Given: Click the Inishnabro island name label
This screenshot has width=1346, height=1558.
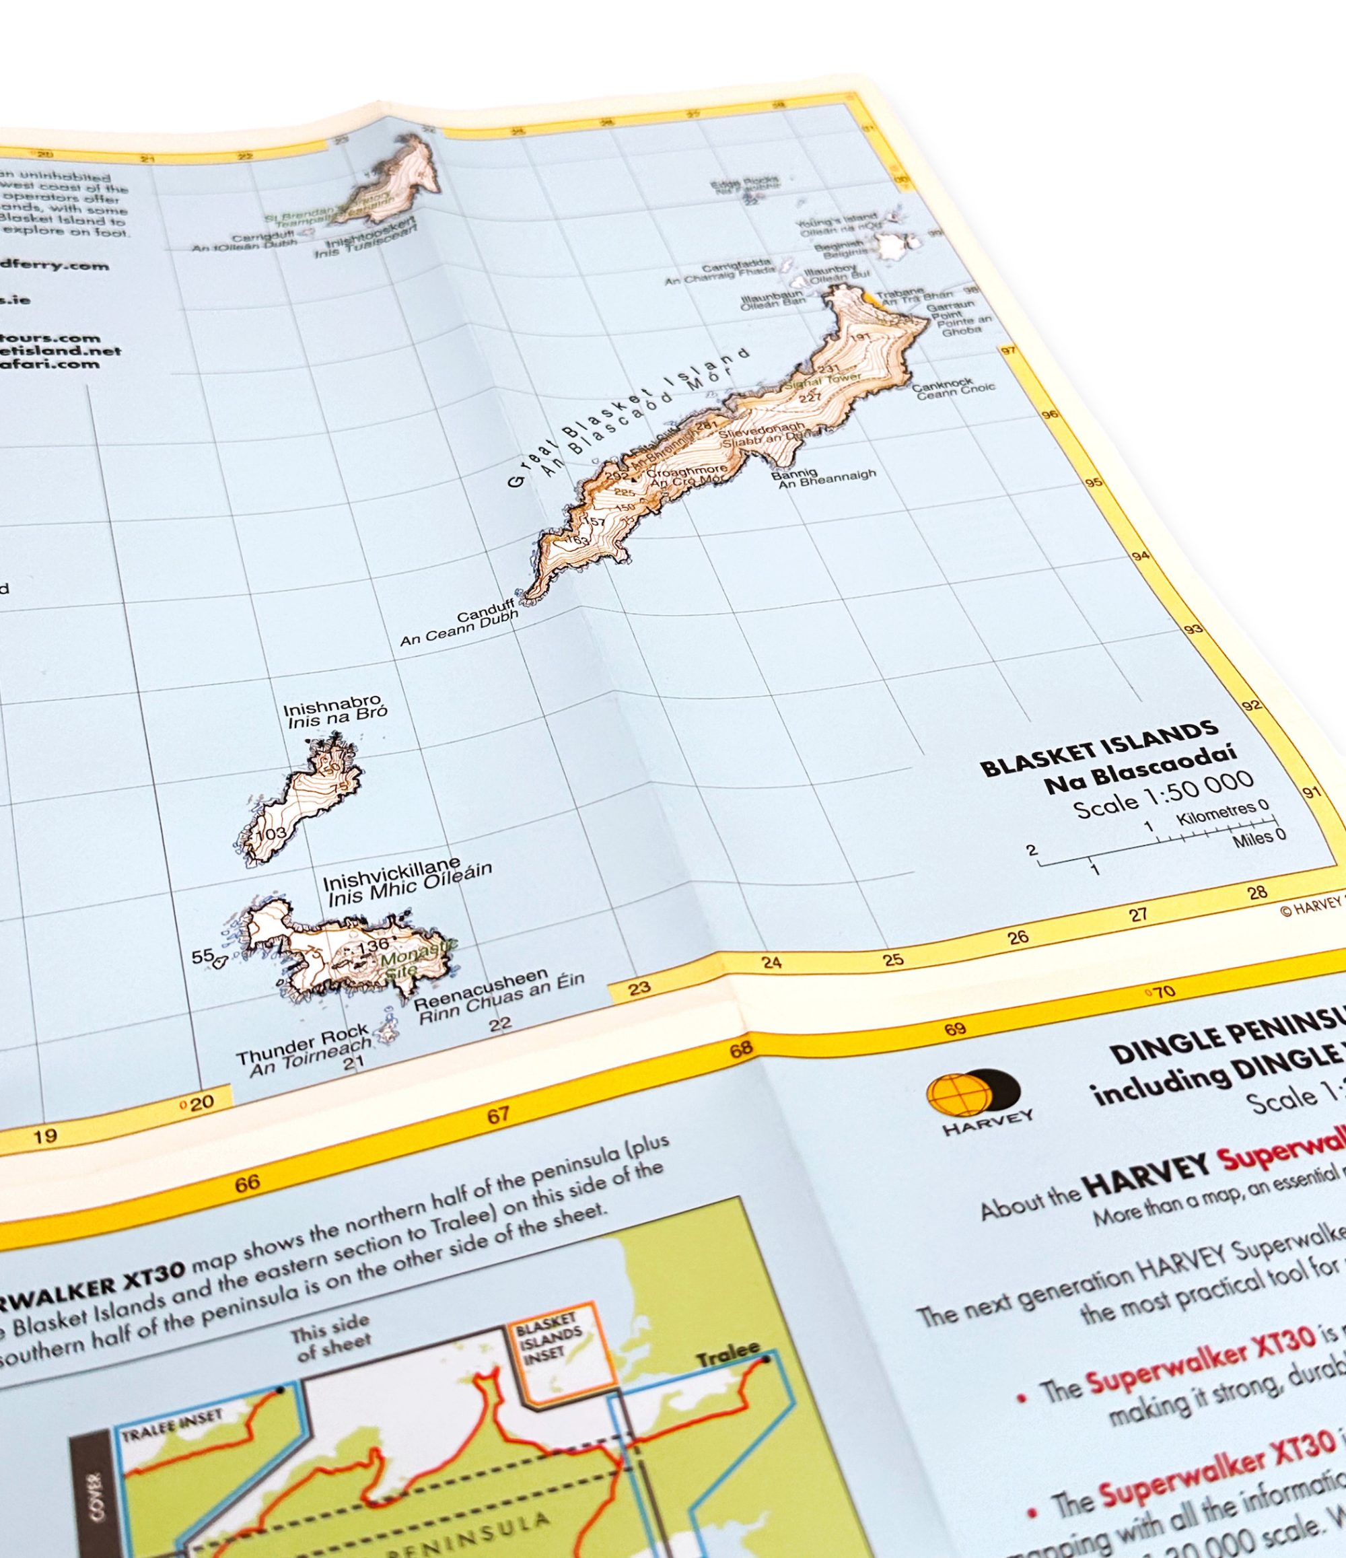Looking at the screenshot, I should pos(332,710).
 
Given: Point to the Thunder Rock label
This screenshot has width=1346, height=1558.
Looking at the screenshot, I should pos(302,1044).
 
